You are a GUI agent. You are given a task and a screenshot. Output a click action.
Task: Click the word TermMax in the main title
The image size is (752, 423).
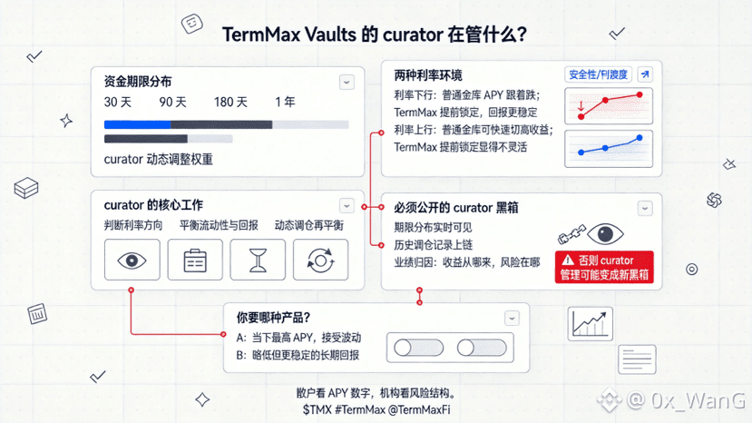[x=261, y=34]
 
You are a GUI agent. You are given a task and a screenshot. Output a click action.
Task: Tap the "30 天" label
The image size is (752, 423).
[x=118, y=103]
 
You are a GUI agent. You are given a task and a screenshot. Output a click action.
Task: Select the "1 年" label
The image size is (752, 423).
[x=285, y=102]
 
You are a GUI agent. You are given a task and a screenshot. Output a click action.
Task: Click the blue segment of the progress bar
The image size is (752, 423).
[x=137, y=125]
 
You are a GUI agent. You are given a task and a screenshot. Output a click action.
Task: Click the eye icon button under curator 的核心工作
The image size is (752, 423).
[x=132, y=260]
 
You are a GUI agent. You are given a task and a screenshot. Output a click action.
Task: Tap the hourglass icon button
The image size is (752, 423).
[x=258, y=260]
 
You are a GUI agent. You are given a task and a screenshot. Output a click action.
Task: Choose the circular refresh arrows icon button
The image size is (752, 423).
[x=320, y=260]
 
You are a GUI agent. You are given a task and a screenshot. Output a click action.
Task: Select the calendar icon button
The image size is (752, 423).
[x=195, y=260]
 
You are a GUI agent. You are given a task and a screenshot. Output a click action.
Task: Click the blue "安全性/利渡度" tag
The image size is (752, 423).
[x=598, y=74]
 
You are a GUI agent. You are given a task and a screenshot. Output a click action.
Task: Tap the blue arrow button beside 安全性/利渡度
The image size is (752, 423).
[x=645, y=74]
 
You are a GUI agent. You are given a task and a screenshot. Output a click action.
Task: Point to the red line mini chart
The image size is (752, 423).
[x=609, y=106]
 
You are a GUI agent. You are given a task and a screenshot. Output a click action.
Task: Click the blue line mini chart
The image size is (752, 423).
[x=609, y=149]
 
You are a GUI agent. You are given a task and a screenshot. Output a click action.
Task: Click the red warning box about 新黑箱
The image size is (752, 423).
[x=604, y=267]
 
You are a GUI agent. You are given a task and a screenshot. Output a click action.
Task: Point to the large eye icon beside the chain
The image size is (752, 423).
[x=605, y=234]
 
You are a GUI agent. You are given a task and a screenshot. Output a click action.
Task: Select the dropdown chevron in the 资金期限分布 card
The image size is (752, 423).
[x=347, y=82]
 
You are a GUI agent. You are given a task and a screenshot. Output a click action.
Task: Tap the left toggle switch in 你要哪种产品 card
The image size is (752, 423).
[x=418, y=348]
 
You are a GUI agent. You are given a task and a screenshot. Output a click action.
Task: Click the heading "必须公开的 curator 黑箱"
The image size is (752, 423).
[x=456, y=208]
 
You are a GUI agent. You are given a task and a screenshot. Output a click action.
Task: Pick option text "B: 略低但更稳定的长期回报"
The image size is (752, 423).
[x=298, y=355]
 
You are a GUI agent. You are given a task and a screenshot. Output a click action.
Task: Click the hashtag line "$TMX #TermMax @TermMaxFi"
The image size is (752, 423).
[x=376, y=409]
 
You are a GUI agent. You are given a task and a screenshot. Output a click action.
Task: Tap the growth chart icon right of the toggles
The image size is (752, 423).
[x=591, y=324]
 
